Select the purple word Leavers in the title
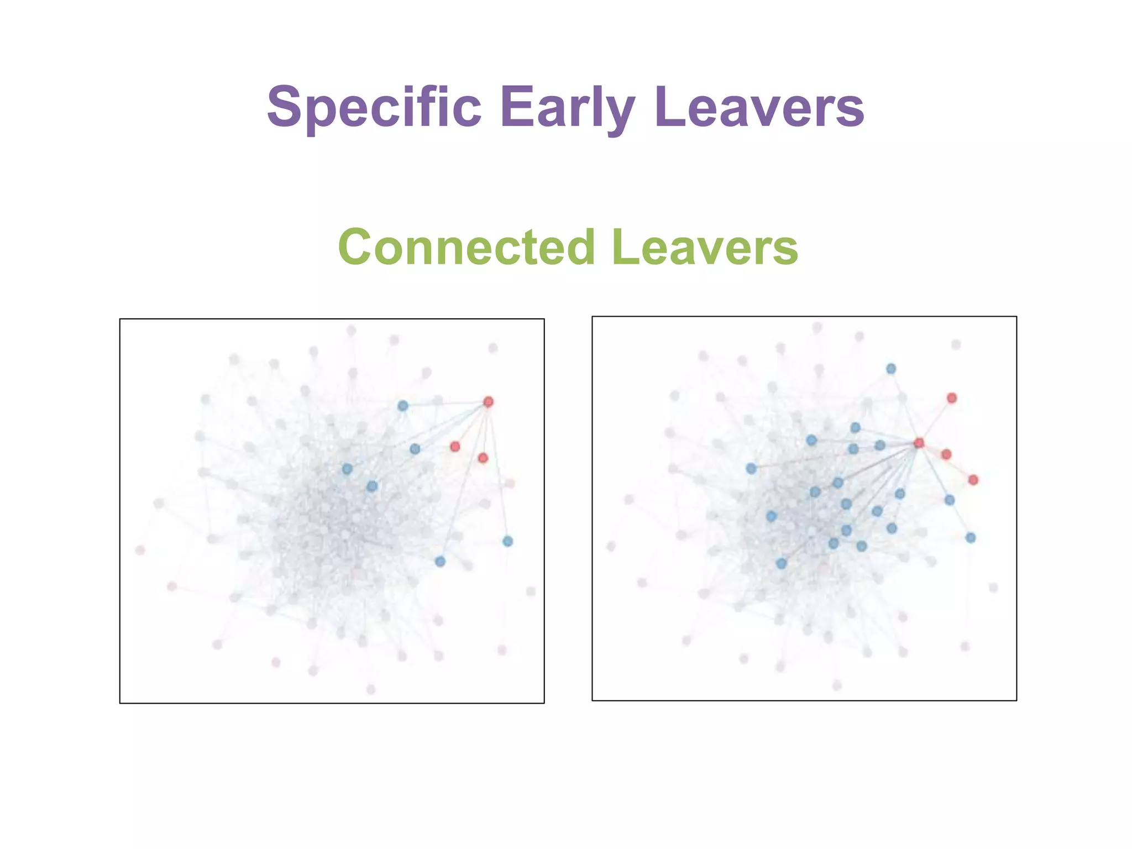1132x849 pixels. tap(759, 106)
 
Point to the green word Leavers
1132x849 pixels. tap(705, 247)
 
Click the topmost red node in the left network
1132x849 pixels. tap(488, 402)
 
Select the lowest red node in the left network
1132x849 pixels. tap(483, 458)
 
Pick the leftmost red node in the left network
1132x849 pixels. tap(455, 446)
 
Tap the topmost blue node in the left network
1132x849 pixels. tap(403, 406)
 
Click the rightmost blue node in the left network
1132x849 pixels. tap(508, 541)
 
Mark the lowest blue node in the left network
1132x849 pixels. tap(440, 562)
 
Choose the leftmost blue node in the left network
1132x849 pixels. tap(347, 469)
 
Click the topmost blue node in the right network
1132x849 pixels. tap(891, 369)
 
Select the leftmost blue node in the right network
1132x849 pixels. tap(751, 468)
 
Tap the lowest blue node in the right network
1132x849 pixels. tap(781, 563)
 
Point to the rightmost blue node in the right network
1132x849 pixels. tap(971, 537)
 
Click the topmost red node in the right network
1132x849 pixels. tap(952, 398)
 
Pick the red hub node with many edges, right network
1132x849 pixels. tap(919, 443)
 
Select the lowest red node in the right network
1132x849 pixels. tap(973, 480)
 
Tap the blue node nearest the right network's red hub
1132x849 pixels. tap(880, 445)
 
